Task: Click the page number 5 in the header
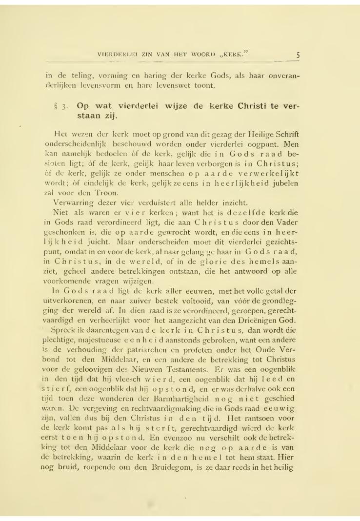coord(298,54)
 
